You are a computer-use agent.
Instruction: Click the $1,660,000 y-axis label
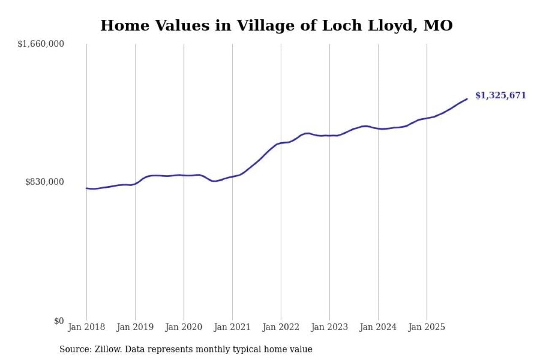(x=40, y=44)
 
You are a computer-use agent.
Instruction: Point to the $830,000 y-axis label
(x=44, y=182)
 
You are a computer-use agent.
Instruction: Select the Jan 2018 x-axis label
(x=86, y=327)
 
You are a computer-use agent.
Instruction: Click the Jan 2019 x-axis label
(x=135, y=327)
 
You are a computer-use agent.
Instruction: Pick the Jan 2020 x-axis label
(x=184, y=327)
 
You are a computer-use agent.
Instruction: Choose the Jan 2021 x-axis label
(x=232, y=327)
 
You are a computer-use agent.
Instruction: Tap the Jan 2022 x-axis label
(x=281, y=327)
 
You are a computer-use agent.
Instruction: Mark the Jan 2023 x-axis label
(x=329, y=327)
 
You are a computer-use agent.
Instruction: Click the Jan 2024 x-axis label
(x=378, y=327)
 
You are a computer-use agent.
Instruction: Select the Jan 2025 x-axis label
(x=427, y=327)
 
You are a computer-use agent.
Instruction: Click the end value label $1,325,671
(x=501, y=95)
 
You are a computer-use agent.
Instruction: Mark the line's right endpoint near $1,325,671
(x=467, y=99)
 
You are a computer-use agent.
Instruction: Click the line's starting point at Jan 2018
(x=86, y=188)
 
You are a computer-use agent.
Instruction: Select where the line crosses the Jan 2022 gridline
(x=281, y=143)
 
